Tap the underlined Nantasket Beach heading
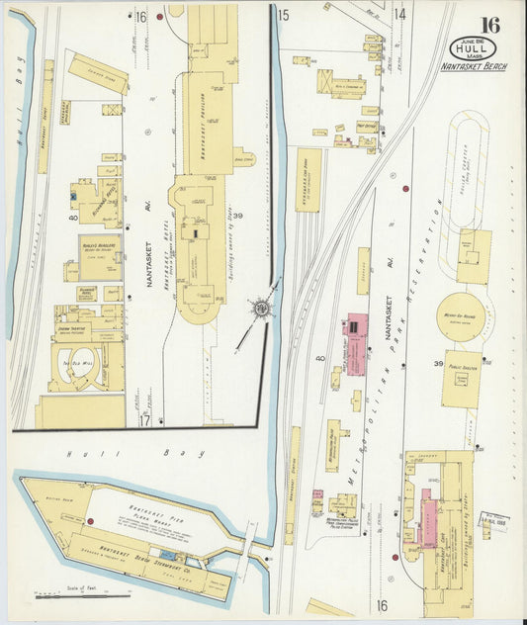(x=480, y=66)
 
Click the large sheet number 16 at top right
(x=489, y=24)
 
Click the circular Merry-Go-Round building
(x=460, y=316)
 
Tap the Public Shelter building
(x=463, y=377)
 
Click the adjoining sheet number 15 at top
(x=283, y=15)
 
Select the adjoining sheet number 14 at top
(x=399, y=14)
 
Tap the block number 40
(x=319, y=358)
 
